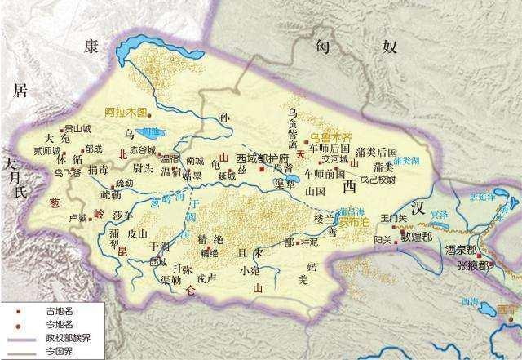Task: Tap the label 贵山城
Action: pyautogui.click(x=78, y=128)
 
